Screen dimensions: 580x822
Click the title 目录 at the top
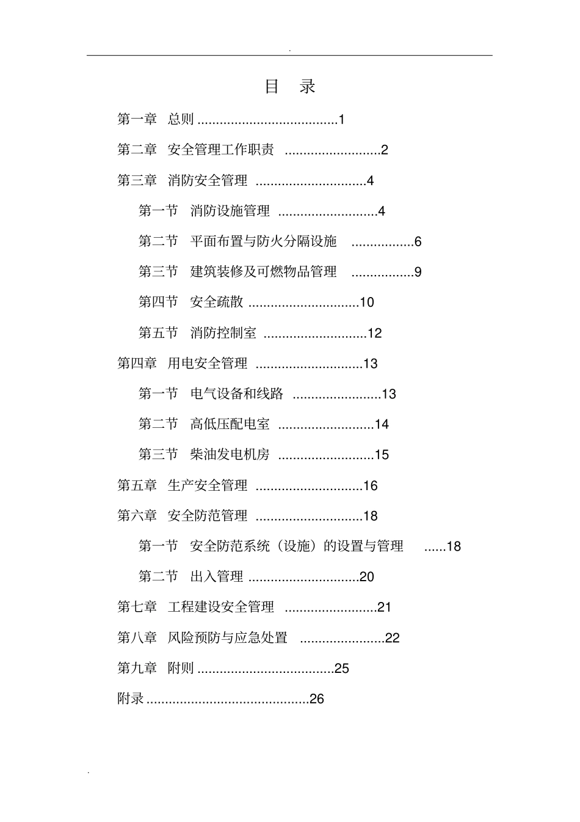(289, 87)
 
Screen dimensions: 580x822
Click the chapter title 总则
(181, 119)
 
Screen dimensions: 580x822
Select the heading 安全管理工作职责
(220, 150)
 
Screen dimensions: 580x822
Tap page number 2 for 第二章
(384, 150)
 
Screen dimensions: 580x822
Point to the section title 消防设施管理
(230, 211)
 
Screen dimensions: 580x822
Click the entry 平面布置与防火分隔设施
(263, 241)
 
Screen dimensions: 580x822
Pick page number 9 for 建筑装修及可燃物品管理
(418, 272)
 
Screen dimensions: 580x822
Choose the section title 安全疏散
(216, 302)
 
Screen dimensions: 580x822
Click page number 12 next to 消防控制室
(374, 333)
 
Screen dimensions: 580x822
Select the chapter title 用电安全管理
(207, 364)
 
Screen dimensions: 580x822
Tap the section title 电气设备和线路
(236, 394)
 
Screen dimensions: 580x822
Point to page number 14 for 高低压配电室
(382, 424)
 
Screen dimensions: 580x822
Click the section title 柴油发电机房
(230, 455)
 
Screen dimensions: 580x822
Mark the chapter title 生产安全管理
(207, 486)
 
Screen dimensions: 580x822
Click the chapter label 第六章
(137, 516)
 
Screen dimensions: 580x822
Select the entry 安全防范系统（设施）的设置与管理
(297, 546)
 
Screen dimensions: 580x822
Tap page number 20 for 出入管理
(366, 577)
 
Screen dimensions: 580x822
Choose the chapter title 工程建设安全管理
(220, 607)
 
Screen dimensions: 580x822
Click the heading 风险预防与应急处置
(227, 637)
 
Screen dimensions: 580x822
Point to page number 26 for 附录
(317, 699)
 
